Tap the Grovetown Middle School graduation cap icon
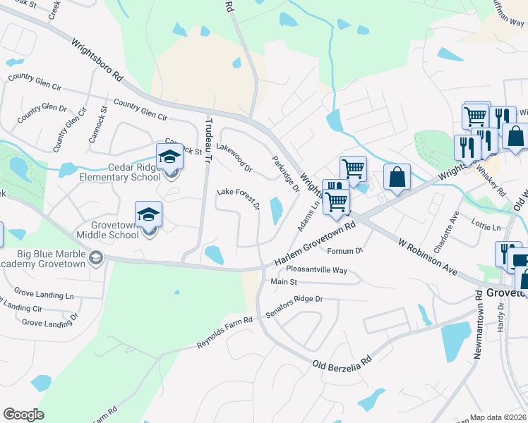coord(148,214)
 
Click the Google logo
coord(23,415)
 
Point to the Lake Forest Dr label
coord(239,199)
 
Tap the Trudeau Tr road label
coord(208,140)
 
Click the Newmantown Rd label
coord(479,331)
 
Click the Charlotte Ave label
coord(446,231)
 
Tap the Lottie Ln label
coord(487,228)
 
